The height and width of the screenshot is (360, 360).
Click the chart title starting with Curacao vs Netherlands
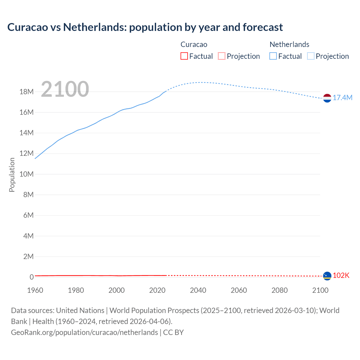coord(145,27)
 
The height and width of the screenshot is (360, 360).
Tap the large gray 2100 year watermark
coord(65,89)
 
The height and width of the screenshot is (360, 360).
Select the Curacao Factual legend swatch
coord(184,56)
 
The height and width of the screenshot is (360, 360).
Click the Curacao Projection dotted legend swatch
coord(222,56)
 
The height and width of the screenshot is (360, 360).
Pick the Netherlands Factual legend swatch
coord(273,56)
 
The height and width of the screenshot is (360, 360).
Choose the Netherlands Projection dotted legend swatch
coord(311,56)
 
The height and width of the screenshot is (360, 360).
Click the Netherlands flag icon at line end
coord(327,98)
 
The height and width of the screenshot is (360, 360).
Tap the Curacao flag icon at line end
coord(327,276)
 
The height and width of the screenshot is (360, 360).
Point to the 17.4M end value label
coord(343,98)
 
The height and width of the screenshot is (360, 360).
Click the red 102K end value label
coord(341,276)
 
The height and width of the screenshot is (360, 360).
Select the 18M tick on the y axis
coord(27,92)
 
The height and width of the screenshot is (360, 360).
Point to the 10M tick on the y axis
coord(27,174)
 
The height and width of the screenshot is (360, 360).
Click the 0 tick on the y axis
coord(31,277)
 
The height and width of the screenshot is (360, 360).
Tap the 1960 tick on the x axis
coord(35,290)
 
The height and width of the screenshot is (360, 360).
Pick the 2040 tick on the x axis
coord(198,290)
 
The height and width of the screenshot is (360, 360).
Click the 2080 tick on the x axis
coord(280,290)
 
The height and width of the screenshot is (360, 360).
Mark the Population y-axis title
coord(12,175)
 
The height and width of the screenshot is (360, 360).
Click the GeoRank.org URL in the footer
coord(84,332)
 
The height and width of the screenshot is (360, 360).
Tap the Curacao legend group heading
coord(194,44)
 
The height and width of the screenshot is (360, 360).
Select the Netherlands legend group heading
coord(289,44)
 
